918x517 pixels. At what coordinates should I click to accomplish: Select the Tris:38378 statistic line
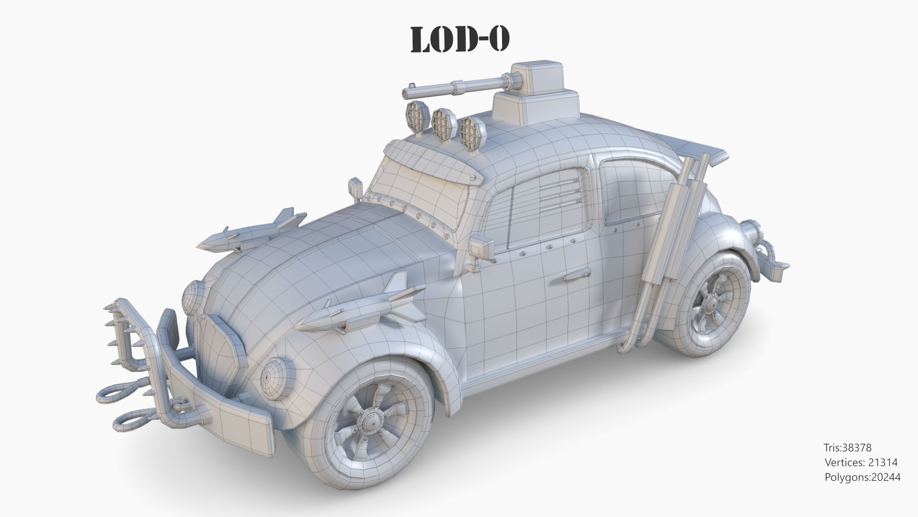[x=847, y=448]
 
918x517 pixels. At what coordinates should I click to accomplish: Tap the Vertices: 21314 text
[x=861, y=462]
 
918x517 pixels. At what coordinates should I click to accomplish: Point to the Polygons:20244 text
[x=863, y=477]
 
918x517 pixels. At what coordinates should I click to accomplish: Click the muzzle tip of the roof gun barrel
[x=405, y=92]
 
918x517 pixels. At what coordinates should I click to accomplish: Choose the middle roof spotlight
[x=442, y=122]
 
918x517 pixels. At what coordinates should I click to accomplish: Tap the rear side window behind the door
[x=631, y=191]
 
